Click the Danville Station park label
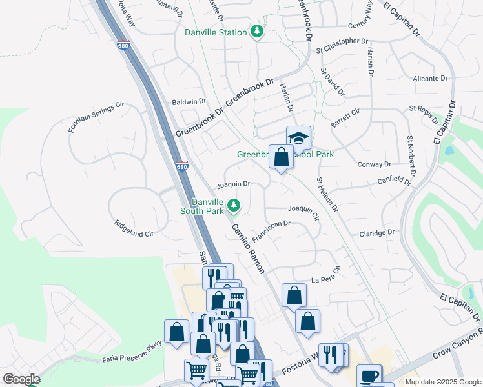point(216,32)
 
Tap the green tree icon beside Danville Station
point(257,32)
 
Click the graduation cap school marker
point(298,137)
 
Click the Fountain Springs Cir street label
point(96,117)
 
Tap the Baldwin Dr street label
point(189,102)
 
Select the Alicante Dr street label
point(430,79)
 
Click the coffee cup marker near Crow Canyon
point(369,375)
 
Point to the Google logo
point(21,379)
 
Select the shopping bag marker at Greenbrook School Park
point(281,157)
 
